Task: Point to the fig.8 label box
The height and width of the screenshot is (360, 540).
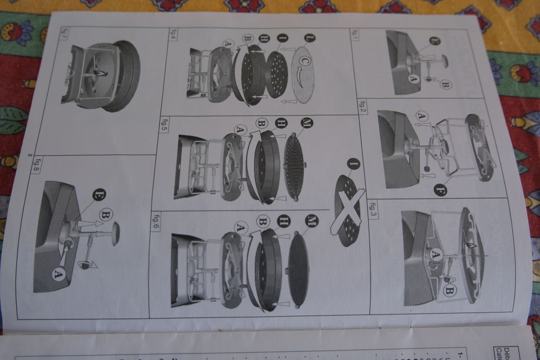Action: (37, 162)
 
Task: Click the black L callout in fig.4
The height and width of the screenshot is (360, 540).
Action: (309, 38)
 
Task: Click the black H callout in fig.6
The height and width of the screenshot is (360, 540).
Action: (282, 221)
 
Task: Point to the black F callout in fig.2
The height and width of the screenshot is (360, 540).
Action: (440, 189)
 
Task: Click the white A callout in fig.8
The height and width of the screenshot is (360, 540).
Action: (58, 274)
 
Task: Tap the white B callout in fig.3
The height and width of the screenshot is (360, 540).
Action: (449, 290)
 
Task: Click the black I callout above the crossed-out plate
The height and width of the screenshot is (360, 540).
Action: (354, 162)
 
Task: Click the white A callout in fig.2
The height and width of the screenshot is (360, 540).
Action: (422, 115)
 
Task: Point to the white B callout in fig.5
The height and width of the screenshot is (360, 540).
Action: (261, 124)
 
